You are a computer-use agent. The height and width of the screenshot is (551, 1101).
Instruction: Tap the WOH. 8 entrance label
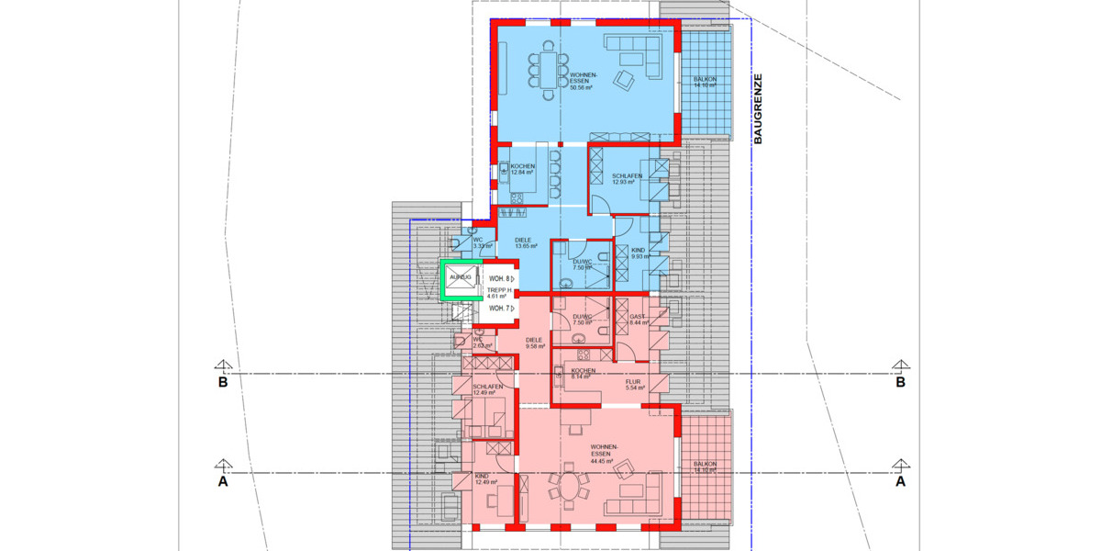(499, 277)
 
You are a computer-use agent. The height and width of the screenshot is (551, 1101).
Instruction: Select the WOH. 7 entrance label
(499, 309)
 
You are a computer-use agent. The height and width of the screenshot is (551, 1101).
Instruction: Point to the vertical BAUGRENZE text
(758, 109)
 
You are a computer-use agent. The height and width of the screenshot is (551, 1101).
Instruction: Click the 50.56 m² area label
(581, 88)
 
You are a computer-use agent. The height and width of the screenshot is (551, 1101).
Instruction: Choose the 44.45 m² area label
(602, 461)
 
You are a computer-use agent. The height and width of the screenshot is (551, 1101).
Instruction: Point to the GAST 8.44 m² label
(639, 320)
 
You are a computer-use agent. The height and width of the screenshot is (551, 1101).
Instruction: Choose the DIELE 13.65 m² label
(523, 243)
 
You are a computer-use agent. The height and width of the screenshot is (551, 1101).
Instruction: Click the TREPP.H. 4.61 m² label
(497, 293)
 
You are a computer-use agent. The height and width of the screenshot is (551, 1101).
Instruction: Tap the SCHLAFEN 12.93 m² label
(621, 178)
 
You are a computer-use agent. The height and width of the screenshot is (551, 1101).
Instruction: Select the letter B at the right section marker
(900, 383)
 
